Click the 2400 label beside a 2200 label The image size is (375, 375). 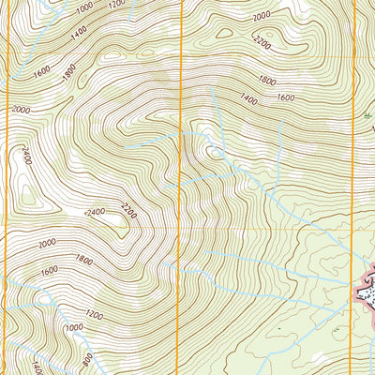[x=94, y=213]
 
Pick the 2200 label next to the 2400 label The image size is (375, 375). [x=128, y=217]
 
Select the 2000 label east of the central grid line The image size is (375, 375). [x=262, y=15]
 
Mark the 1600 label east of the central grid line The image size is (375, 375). [x=285, y=97]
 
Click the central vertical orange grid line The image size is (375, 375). [x=180, y=187]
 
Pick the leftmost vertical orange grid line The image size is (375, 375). [x=8, y=187]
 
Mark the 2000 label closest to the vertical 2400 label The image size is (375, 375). [x=21, y=109]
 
